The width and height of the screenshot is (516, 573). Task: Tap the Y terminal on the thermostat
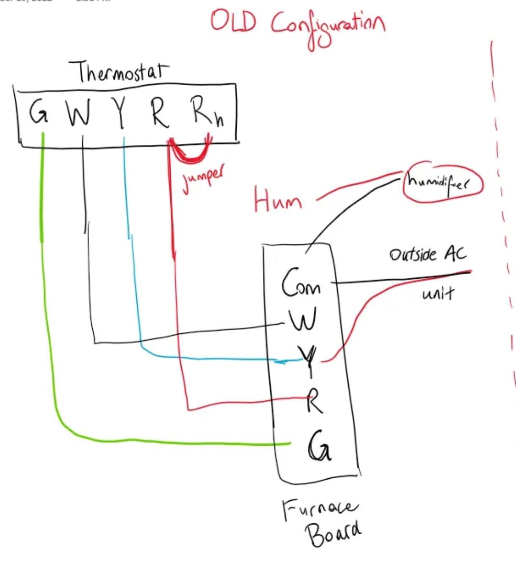pyautogui.click(x=121, y=114)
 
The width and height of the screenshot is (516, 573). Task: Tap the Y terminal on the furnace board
pyautogui.click(x=306, y=360)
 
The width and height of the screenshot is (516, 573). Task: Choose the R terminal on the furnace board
pyautogui.click(x=314, y=401)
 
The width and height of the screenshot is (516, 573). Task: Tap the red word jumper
pyautogui.click(x=203, y=179)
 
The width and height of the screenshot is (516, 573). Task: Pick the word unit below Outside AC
pyautogui.click(x=437, y=293)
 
